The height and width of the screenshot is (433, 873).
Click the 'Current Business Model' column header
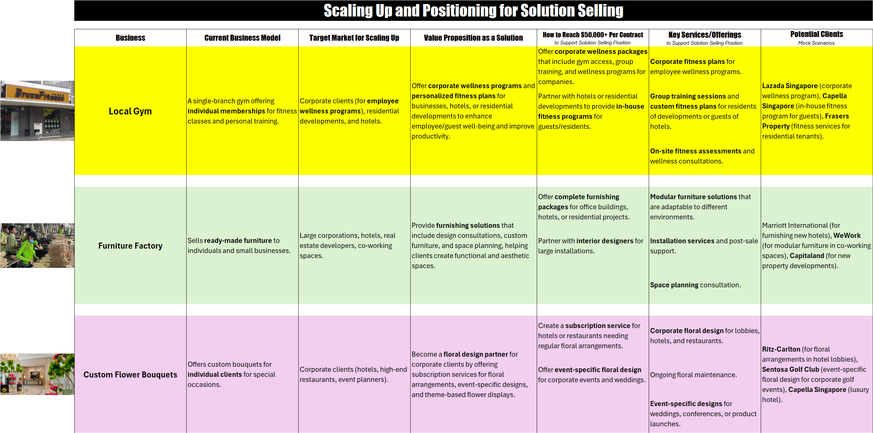[242, 38]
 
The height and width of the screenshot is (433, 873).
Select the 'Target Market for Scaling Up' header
[354, 38]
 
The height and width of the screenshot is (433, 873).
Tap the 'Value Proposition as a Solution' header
[473, 38]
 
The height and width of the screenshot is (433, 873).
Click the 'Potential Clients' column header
[817, 34]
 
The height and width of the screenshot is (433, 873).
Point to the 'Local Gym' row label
[130, 111]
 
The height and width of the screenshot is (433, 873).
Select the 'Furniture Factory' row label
[130, 246]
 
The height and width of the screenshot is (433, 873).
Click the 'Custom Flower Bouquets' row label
[130, 375]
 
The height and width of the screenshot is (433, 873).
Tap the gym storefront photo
[37, 111]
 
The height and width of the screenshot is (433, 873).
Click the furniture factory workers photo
[37, 246]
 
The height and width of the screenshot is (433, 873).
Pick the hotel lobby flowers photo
[37, 374]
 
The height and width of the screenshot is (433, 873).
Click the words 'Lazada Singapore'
[790, 86]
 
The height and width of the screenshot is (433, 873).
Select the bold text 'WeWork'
[846, 235]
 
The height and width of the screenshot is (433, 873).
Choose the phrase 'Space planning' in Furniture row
[674, 285]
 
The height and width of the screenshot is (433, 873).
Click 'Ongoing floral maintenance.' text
[693, 375]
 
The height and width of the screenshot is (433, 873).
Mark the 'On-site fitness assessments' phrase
[695, 151]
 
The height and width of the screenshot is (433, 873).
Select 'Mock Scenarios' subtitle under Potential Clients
[816, 43]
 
